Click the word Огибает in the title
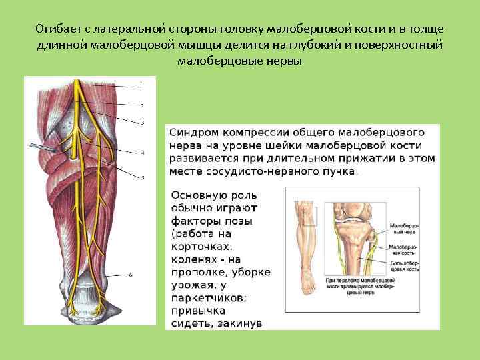point(58,30)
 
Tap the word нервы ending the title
point(284,61)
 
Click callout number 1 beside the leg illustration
point(141,86)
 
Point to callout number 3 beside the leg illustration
point(143,123)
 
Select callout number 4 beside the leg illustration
point(143,153)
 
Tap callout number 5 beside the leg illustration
point(143,177)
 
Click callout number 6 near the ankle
point(131,275)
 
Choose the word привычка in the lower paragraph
point(198,311)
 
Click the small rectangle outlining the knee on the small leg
point(309,215)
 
